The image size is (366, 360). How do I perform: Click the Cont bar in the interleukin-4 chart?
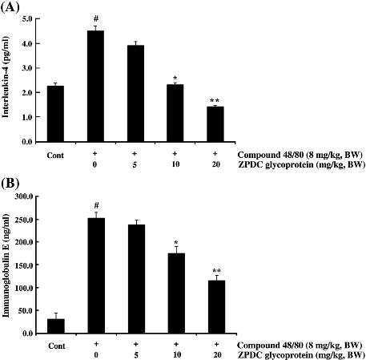(x=55, y=114)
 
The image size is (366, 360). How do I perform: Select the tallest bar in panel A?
(x=95, y=86)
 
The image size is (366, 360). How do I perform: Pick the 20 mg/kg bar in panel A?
(x=215, y=124)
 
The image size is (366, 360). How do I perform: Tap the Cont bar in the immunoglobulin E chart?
(x=56, y=326)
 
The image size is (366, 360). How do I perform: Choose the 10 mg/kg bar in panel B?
(x=176, y=293)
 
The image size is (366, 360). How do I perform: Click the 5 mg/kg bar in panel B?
(x=136, y=279)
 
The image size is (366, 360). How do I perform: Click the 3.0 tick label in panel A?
(x=26, y=68)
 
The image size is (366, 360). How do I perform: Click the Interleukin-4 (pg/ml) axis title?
(x=6, y=77)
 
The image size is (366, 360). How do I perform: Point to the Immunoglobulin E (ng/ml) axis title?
(x=6, y=265)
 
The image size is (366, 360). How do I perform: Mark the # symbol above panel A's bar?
(x=96, y=19)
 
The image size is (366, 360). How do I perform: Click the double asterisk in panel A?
(x=215, y=101)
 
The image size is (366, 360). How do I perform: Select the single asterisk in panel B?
(x=176, y=243)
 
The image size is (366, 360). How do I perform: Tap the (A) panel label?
(x=10, y=7)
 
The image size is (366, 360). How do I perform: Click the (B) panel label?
(x=10, y=184)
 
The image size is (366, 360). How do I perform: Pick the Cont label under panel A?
(x=55, y=156)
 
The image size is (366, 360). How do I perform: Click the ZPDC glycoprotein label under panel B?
(x=301, y=355)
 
